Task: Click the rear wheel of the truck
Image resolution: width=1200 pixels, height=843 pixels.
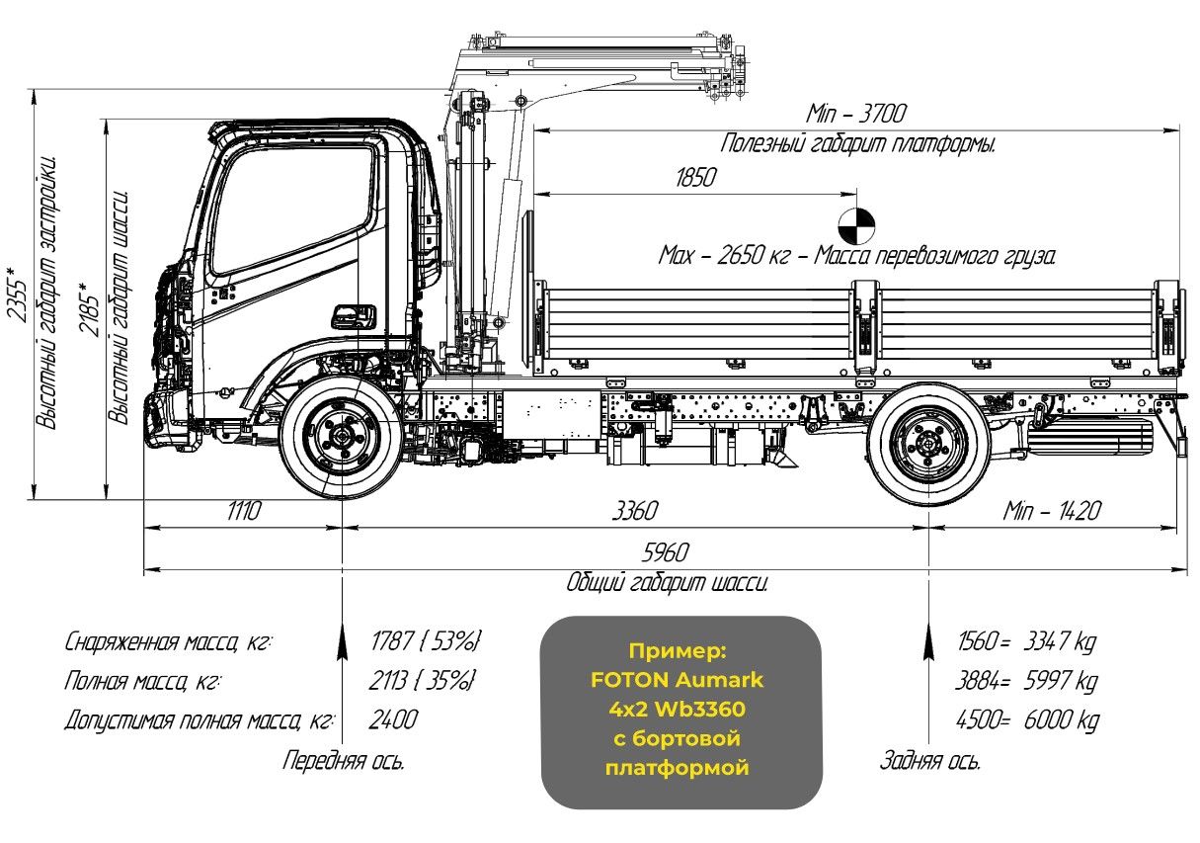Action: click(927, 442)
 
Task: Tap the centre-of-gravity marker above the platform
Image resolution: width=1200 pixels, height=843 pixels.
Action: click(855, 224)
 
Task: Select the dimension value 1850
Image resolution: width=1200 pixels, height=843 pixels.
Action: click(695, 179)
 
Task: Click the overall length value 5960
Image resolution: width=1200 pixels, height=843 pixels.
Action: click(664, 552)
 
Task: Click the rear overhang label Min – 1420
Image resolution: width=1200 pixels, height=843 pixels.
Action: click(1051, 511)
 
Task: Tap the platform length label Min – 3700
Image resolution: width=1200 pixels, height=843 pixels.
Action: click(856, 113)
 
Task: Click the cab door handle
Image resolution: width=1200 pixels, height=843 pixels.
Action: click(353, 316)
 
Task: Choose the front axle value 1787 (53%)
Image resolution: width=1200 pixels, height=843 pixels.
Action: click(425, 641)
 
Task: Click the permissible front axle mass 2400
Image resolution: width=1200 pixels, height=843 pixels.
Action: click(393, 719)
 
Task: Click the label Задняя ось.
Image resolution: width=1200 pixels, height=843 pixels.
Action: click(929, 761)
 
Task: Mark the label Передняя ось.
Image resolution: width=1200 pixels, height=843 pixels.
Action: click(343, 761)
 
